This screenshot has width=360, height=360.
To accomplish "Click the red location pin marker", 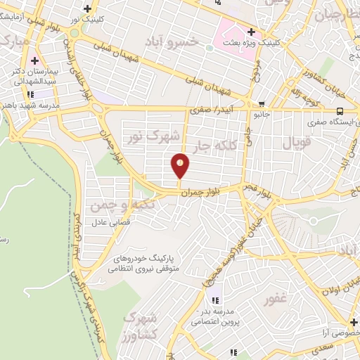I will click(181, 166).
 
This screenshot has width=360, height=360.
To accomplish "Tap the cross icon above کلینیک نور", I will click(87, 8).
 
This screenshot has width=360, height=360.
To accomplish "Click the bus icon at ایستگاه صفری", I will click(340, 110).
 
